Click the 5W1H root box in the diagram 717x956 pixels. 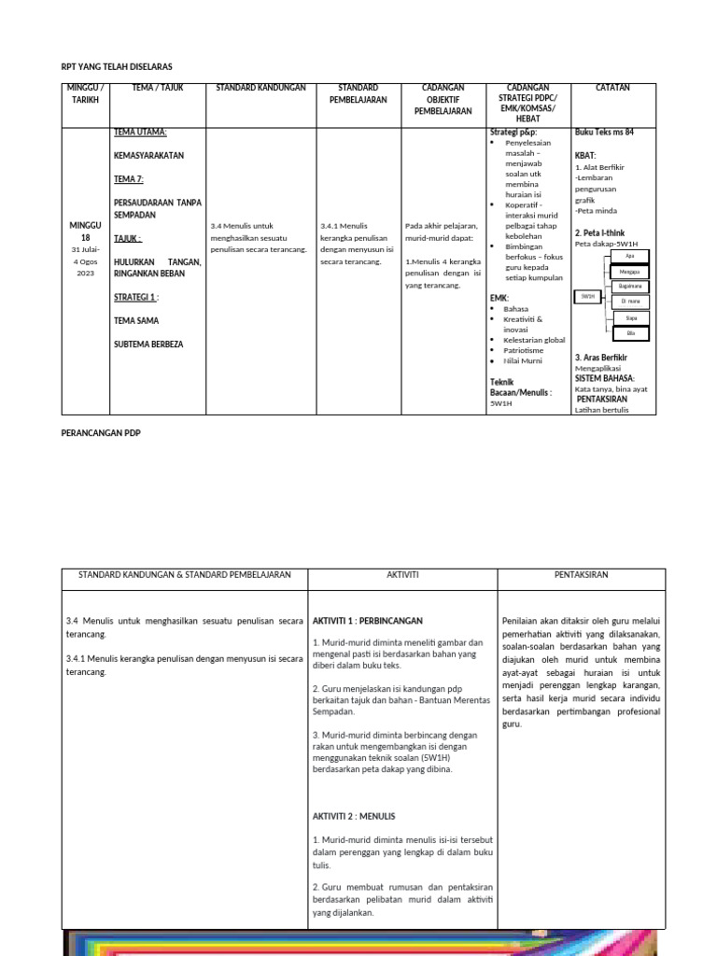[587, 296]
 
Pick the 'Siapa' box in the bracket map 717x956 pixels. [631, 317]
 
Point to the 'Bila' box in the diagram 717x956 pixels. [631, 333]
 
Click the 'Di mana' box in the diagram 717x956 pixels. [631, 302]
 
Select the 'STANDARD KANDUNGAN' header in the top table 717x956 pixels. [260, 88]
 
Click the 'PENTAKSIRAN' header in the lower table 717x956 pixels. [581, 575]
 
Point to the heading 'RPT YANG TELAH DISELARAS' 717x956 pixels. [117, 67]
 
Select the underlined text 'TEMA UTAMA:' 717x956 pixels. [140, 133]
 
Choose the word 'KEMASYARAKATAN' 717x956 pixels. [148, 155]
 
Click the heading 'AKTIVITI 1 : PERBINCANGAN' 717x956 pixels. [368, 620]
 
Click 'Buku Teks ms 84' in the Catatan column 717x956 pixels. [603, 133]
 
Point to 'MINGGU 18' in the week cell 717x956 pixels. [85, 232]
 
